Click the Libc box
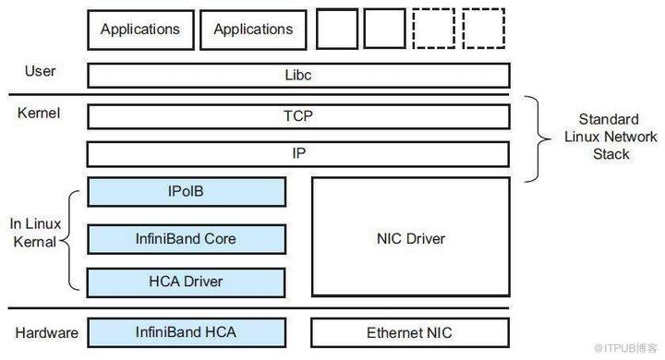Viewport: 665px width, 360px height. point(297,75)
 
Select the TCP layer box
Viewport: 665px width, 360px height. point(297,116)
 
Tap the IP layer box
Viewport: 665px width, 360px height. point(297,153)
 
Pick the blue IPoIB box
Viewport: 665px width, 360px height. point(187,192)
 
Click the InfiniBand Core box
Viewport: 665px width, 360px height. point(187,238)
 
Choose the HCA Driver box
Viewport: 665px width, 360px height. point(187,281)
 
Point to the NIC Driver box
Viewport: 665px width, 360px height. point(411,239)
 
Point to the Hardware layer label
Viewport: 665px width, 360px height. point(46,331)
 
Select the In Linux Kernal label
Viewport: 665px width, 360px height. point(36,233)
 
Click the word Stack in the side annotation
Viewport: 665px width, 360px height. point(611,153)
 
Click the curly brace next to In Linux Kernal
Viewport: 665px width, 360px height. point(74,237)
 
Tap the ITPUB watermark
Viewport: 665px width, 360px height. point(624,347)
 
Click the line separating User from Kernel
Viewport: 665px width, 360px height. point(259,94)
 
